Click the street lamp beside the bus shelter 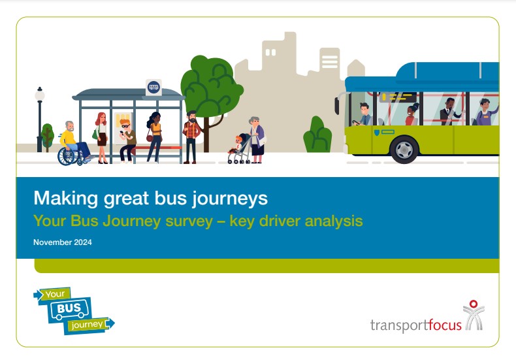coord(40,118)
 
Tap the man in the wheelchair coord(74,143)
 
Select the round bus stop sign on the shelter coord(153,87)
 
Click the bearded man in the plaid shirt coord(191,137)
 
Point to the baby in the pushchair coord(236,145)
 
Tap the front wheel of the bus coord(404,150)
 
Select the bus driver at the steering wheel coord(363,114)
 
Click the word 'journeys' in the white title coord(230,199)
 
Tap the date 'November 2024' coord(63,242)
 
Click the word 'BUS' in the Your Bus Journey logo coord(69,308)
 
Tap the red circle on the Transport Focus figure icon coord(474,304)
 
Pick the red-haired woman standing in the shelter coord(101,138)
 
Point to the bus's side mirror coord(337,105)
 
